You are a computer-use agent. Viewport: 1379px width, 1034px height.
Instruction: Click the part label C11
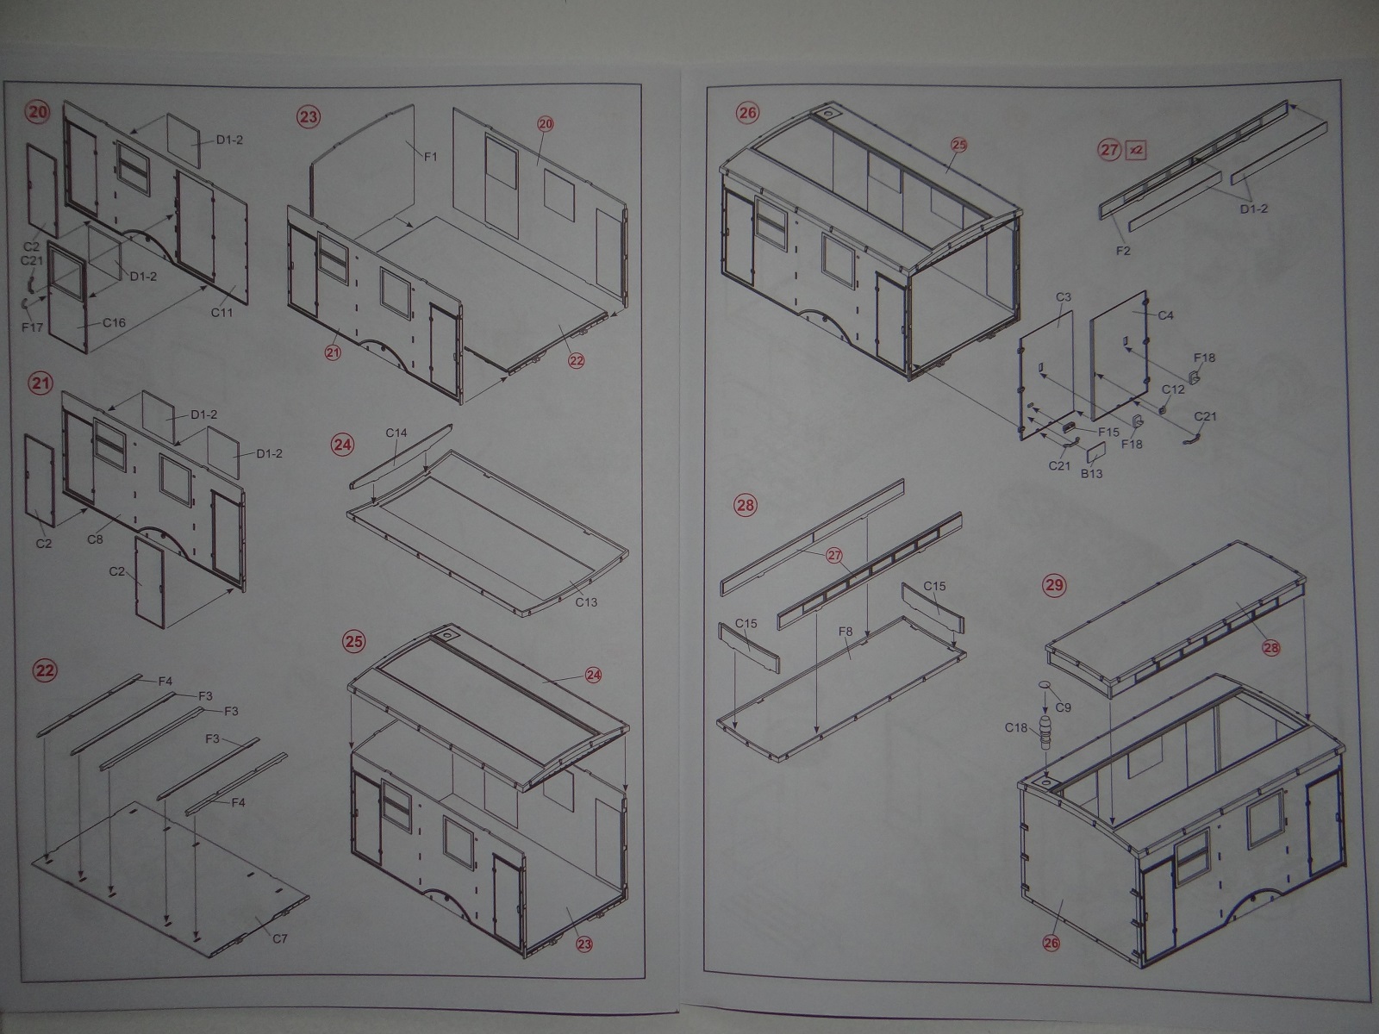pyautogui.click(x=222, y=312)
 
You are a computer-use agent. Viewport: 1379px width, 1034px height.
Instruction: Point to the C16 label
pyautogui.click(x=115, y=322)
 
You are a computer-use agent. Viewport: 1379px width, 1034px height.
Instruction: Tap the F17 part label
pyautogui.click(x=32, y=327)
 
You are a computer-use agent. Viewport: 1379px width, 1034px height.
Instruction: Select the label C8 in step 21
pyautogui.click(x=95, y=539)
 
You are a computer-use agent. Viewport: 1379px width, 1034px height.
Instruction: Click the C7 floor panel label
pyautogui.click(x=279, y=938)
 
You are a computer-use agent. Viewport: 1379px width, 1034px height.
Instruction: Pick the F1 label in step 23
pyautogui.click(x=430, y=157)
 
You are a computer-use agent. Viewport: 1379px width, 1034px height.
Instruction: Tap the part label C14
pyautogui.click(x=396, y=433)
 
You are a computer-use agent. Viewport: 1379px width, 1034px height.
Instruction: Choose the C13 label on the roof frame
pyautogui.click(x=586, y=602)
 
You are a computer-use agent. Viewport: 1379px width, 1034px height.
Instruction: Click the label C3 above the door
pyautogui.click(x=1063, y=296)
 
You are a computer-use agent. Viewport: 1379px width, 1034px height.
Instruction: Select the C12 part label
pyautogui.click(x=1173, y=389)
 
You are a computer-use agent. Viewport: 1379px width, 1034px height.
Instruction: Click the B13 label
pyautogui.click(x=1091, y=474)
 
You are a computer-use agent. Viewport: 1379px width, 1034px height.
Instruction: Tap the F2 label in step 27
pyautogui.click(x=1123, y=251)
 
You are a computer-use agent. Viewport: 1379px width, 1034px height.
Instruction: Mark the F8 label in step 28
pyautogui.click(x=845, y=631)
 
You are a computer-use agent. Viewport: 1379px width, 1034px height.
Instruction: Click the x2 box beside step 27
pyautogui.click(x=1136, y=150)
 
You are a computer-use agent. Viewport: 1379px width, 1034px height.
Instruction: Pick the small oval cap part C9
pyautogui.click(x=1045, y=683)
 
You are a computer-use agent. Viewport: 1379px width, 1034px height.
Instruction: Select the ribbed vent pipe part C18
pyautogui.click(x=1045, y=732)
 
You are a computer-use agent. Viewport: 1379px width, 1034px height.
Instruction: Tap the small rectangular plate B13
pyautogui.click(x=1095, y=452)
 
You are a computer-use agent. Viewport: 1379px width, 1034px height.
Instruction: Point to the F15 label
pyautogui.click(x=1109, y=432)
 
